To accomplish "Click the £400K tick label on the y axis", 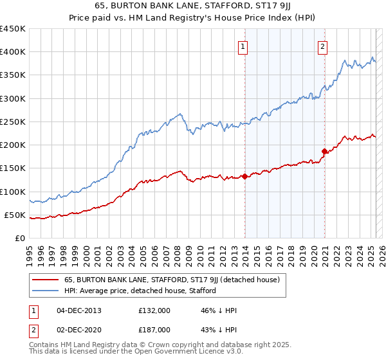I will point(13,52).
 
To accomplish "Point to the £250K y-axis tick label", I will point(13,122).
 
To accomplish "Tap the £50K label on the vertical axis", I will point(15,215).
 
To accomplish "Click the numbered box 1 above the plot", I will point(243,46).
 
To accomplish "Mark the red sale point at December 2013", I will point(244,176).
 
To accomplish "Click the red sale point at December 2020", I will point(324,151).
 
